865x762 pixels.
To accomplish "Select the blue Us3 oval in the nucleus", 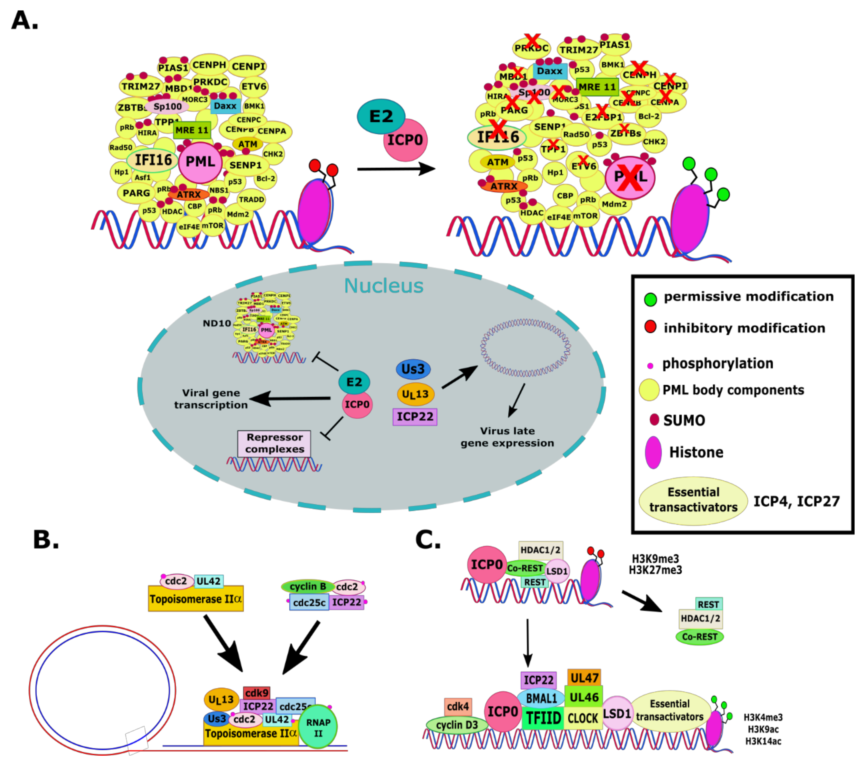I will point(413,369).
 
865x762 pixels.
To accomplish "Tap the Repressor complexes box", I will point(274,443).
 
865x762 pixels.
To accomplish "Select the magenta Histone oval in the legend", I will point(653,452).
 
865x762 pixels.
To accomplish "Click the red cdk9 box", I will point(256,693).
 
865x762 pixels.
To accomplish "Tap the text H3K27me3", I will point(655,570).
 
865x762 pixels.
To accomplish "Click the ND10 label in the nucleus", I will point(217,324).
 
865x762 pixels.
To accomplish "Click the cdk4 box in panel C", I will point(458,706).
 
